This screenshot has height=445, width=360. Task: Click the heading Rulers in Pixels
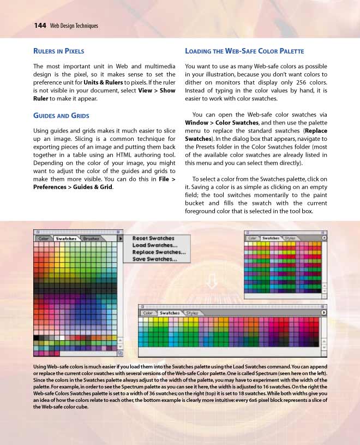click(x=59, y=51)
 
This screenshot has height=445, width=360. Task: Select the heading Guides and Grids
click(x=62, y=116)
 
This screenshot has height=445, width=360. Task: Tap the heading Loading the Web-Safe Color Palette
click(x=244, y=51)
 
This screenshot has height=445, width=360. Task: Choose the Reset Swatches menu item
click(x=153, y=238)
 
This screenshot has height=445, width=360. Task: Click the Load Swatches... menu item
click(x=154, y=245)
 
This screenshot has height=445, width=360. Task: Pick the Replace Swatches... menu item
click(x=159, y=252)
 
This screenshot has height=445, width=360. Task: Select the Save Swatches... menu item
click(x=154, y=259)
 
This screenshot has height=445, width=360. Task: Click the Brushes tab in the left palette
click(x=91, y=239)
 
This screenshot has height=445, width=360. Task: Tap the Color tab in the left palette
click(x=44, y=239)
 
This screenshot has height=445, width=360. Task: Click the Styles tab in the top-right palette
click(x=290, y=238)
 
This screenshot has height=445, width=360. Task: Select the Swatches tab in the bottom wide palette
click(x=170, y=313)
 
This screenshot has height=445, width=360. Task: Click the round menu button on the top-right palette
click(x=324, y=238)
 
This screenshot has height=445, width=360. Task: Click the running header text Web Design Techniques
click(x=74, y=26)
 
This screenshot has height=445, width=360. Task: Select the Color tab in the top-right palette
click(x=253, y=238)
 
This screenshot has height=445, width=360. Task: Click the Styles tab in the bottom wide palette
click(x=192, y=313)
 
